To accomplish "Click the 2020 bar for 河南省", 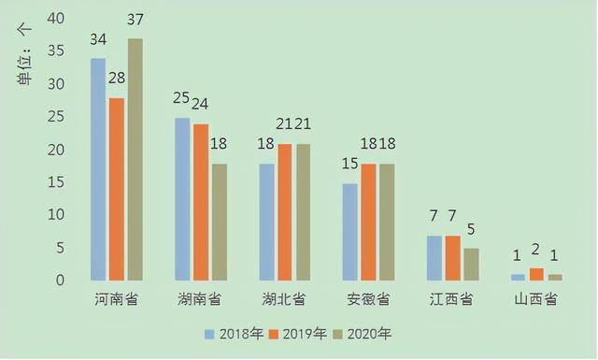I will (135, 159).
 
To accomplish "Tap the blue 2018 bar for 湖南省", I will (182, 199).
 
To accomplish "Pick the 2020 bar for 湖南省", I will (220, 222).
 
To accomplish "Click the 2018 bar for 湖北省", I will (266, 222).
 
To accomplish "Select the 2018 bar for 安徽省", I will (350, 232).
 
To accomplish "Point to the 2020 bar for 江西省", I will (472, 264).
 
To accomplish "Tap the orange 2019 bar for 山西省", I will (537, 274).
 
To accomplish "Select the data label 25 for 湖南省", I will (183, 99).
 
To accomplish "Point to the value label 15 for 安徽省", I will (349, 165).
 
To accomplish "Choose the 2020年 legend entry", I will (363, 333).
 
